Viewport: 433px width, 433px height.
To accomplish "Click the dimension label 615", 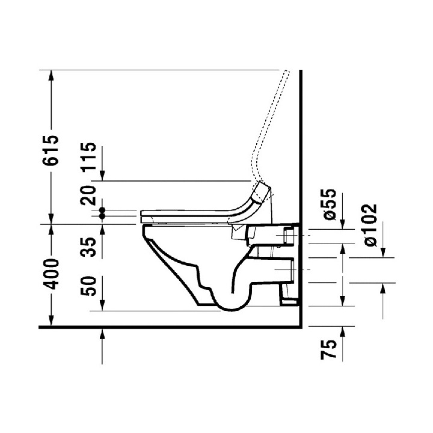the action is (51, 150).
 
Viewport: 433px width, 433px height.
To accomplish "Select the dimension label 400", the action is (52, 274).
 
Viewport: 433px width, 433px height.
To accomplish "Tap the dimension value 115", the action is (89, 156).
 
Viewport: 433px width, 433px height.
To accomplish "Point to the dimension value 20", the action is (89, 195).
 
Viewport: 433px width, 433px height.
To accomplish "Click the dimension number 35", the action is (89, 247).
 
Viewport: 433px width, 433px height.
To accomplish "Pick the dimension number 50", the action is (89, 286).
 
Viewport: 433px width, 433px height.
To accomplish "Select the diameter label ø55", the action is (330, 204).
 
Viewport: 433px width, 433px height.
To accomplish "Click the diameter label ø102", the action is (370, 225).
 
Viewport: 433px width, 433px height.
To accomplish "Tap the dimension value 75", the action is (329, 349).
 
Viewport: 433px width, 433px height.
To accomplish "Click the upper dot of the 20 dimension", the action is (102, 210).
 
